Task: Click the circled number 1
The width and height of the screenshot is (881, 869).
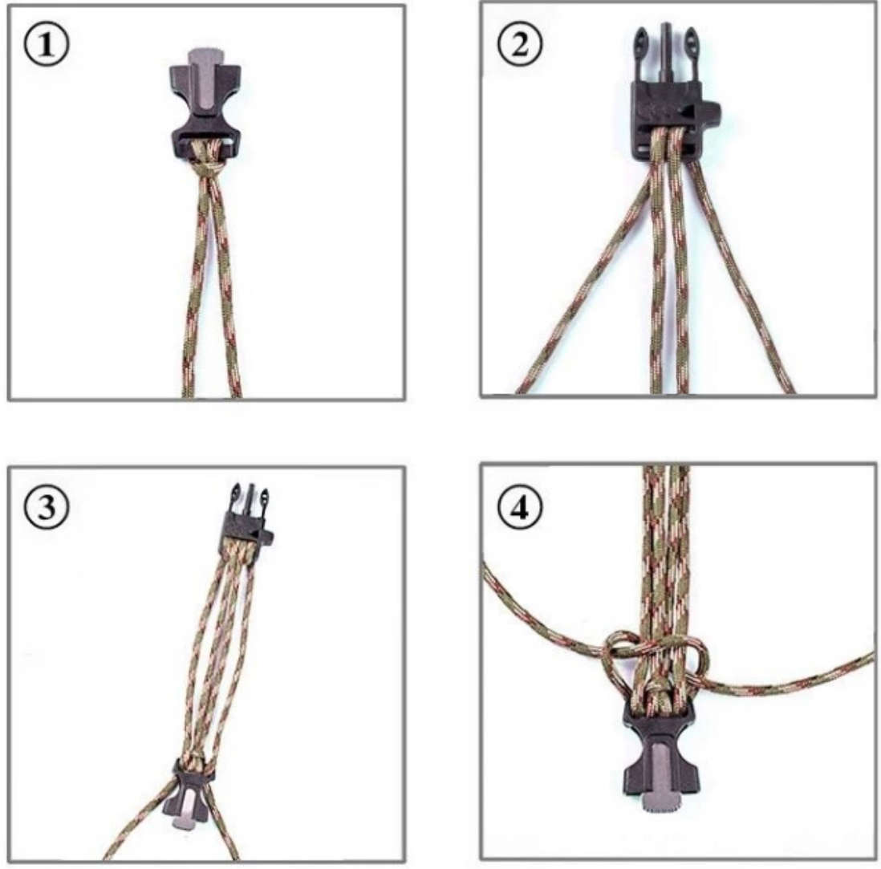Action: click(47, 44)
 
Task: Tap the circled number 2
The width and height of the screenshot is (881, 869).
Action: click(520, 43)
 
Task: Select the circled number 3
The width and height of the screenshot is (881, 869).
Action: click(47, 506)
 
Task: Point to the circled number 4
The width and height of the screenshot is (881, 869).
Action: click(520, 508)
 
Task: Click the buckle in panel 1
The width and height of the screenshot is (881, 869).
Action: click(205, 104)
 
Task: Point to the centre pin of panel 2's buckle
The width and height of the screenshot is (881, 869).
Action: click(666, 51)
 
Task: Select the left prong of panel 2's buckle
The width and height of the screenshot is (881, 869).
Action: click(642, 51)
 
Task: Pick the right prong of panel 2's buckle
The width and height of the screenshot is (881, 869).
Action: click(691, 51)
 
